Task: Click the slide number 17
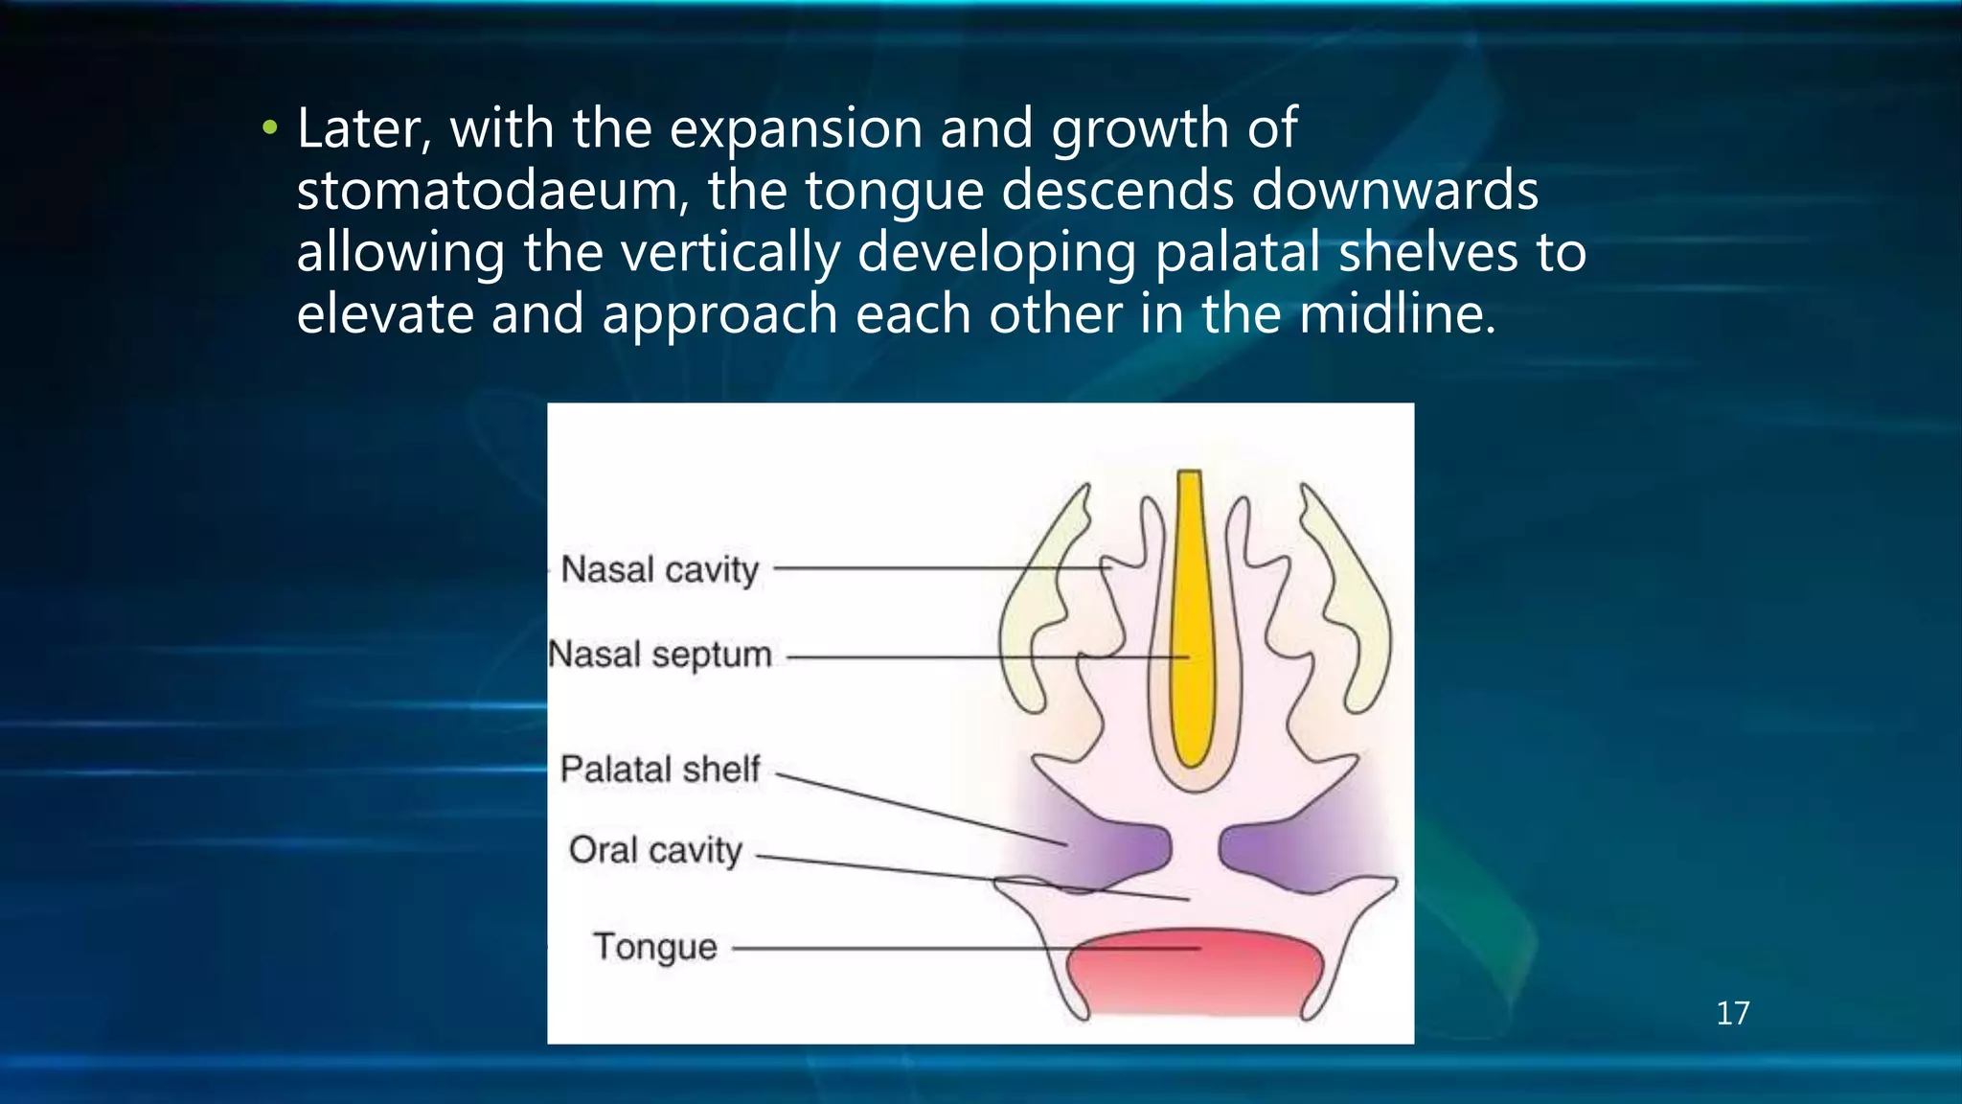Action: point(1732,1013)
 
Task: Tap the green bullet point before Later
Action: point(270,127)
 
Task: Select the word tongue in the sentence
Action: point(894,192)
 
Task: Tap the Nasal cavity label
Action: point(659,569)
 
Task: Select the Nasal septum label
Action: point(659,655)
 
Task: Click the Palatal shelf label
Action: point(659,769)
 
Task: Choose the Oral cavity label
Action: point(655,850)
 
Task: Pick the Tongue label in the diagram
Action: point(655,947)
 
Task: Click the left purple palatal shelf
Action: point(1121,848)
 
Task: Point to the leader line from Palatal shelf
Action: point(920,809)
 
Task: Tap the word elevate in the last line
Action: point(385,313)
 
